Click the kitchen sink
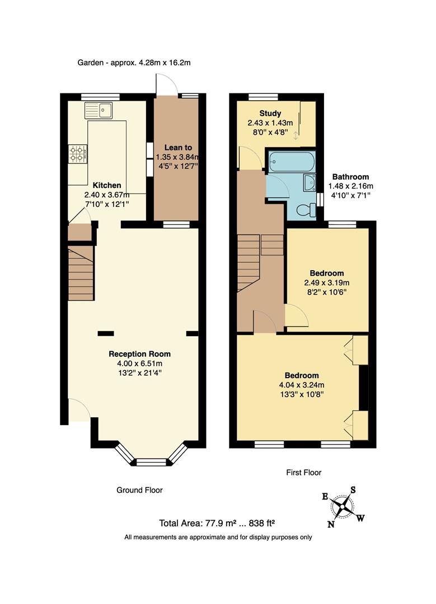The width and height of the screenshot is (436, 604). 99,110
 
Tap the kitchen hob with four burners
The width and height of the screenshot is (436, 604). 77,153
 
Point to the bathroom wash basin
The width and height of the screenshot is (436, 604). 309,182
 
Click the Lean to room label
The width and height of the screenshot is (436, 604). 176,147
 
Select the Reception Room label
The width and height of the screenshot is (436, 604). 139,354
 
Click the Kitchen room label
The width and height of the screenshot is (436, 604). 106,185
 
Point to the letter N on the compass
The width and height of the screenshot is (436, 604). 331,524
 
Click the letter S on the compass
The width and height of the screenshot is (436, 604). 353,490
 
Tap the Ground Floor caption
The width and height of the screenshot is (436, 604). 139,490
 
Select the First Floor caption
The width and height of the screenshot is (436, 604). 304,473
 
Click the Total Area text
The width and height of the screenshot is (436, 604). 217,523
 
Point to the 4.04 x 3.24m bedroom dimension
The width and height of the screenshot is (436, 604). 301,385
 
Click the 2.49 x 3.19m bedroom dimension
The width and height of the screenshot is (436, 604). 326,282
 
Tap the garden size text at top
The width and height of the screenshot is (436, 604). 134,63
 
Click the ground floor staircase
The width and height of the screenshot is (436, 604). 81,275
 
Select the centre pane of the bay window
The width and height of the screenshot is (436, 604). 152,462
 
